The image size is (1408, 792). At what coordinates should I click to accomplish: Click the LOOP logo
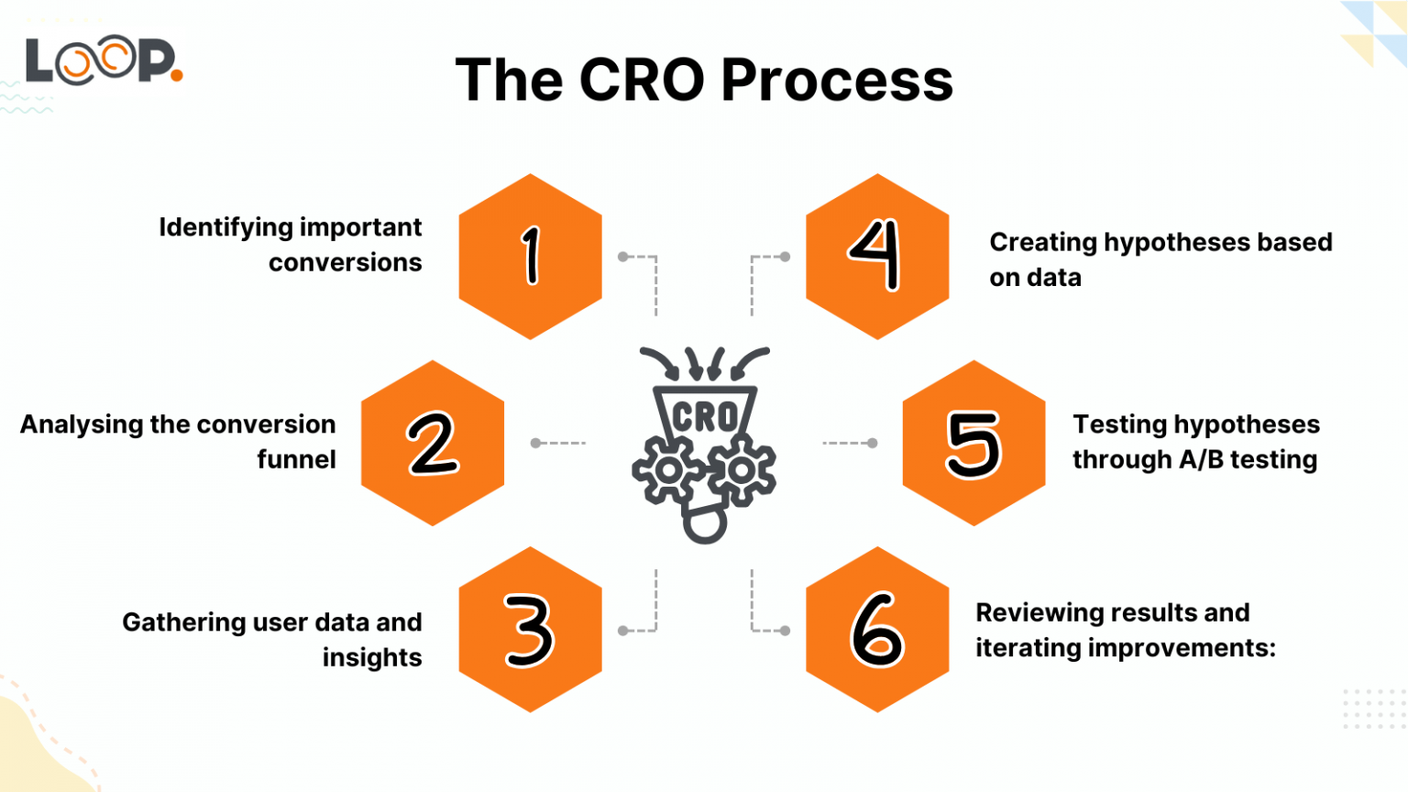103,61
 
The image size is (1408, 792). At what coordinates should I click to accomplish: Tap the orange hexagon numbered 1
530,257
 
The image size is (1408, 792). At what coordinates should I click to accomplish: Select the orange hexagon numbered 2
433,443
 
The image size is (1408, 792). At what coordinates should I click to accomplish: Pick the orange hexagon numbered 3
530,630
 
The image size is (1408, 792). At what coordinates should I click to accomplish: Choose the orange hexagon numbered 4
877,257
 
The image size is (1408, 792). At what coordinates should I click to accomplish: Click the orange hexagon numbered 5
973,443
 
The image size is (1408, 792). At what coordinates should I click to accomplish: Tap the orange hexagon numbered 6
877,630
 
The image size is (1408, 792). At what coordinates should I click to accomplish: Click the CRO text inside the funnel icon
704,417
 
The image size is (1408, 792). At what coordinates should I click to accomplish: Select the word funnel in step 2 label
296,459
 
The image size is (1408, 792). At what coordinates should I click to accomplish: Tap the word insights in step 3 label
372,657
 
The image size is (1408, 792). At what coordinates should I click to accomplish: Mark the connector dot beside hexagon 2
535,443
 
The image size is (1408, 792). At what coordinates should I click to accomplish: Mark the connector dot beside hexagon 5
873,443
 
